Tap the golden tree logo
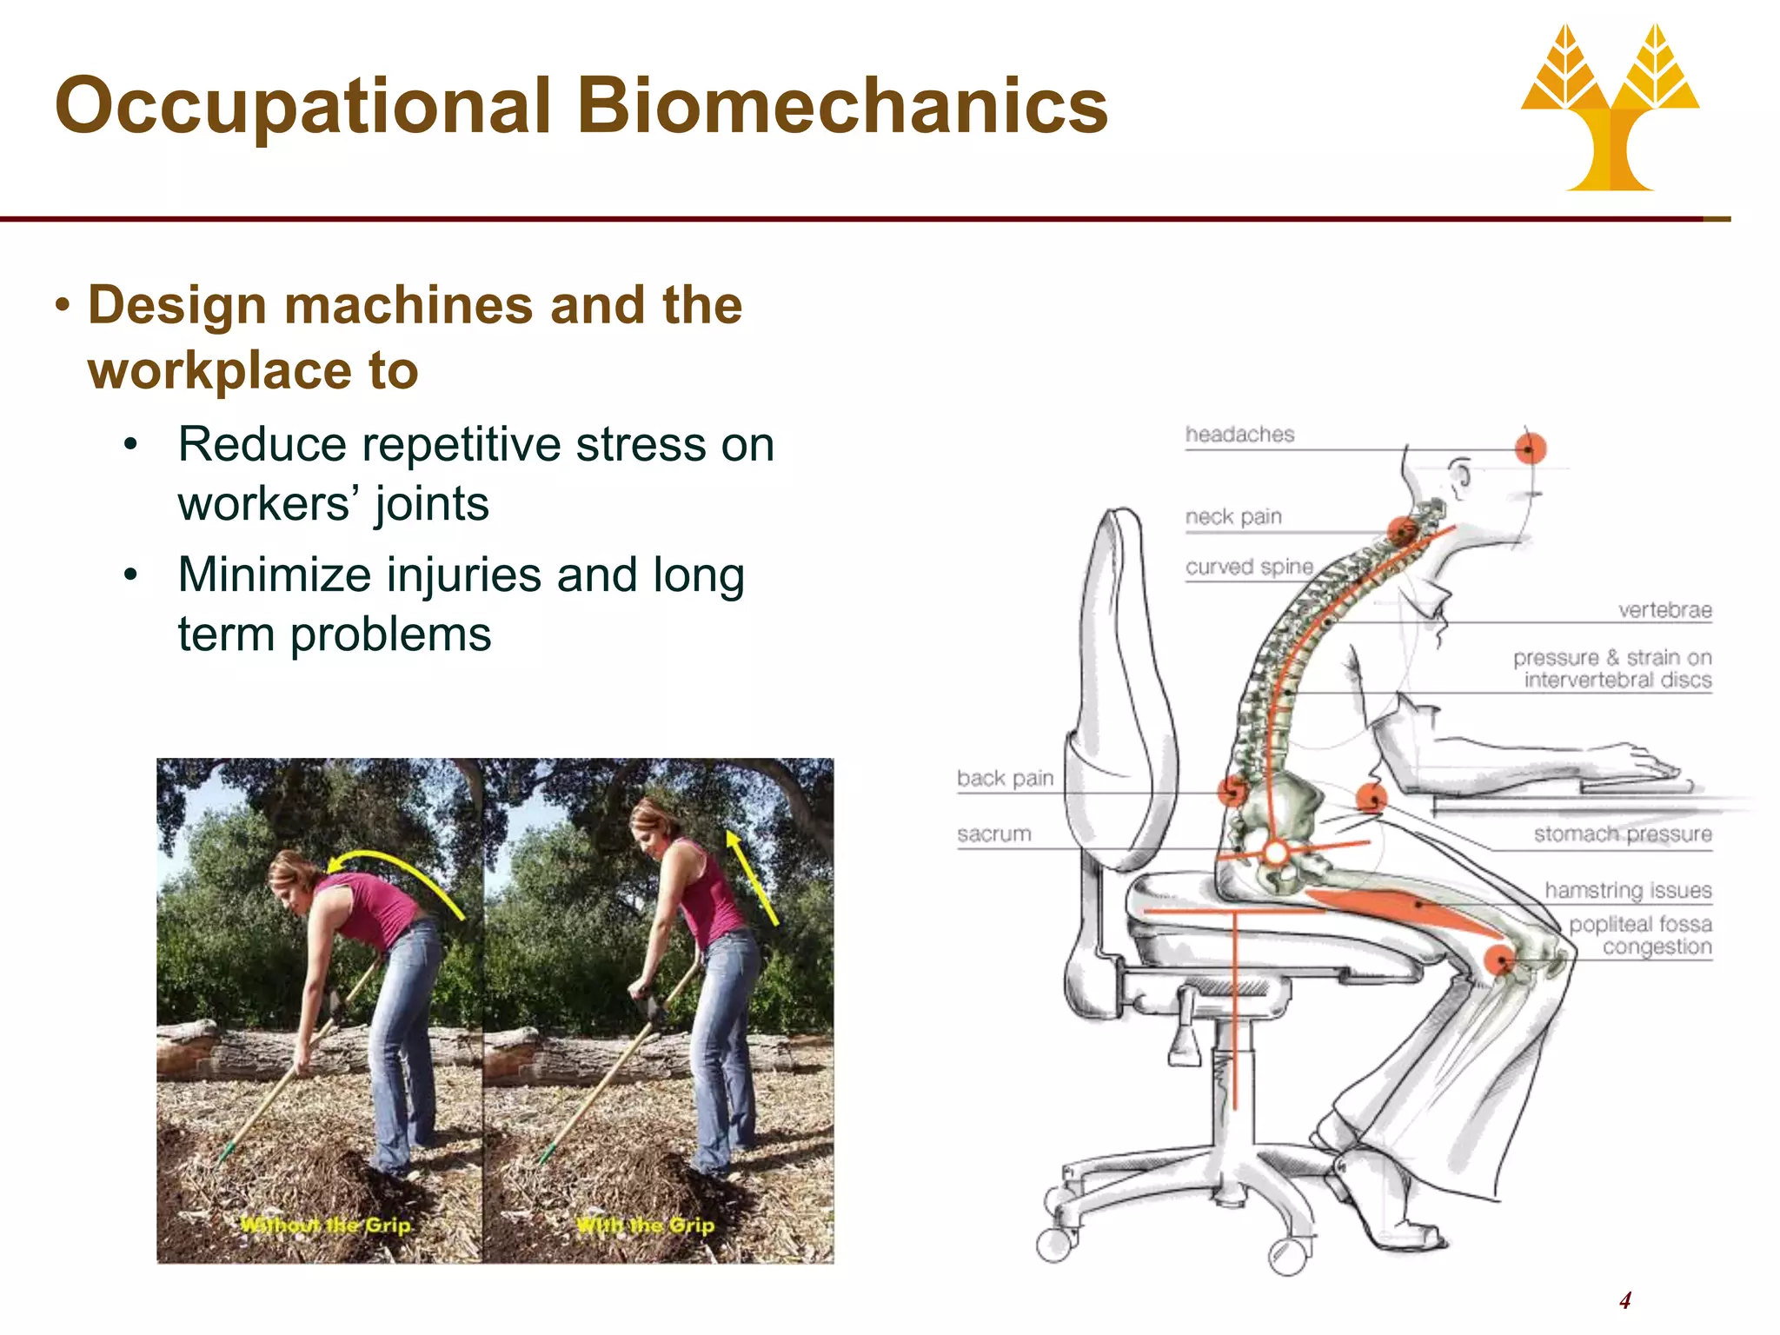point(1611,109)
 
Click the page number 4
point(1624,1300)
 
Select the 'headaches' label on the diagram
point(1239,434)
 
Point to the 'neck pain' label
point(1233,516)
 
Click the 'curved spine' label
point(1249,567)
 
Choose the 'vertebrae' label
point(1664,610)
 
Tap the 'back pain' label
point(1005,778)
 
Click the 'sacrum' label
point(993,834)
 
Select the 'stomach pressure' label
point(1622,834)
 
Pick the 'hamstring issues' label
point(1628,890)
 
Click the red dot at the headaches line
point(1531,448)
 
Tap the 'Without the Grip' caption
point(325,1225)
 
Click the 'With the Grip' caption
point(645,1225)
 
